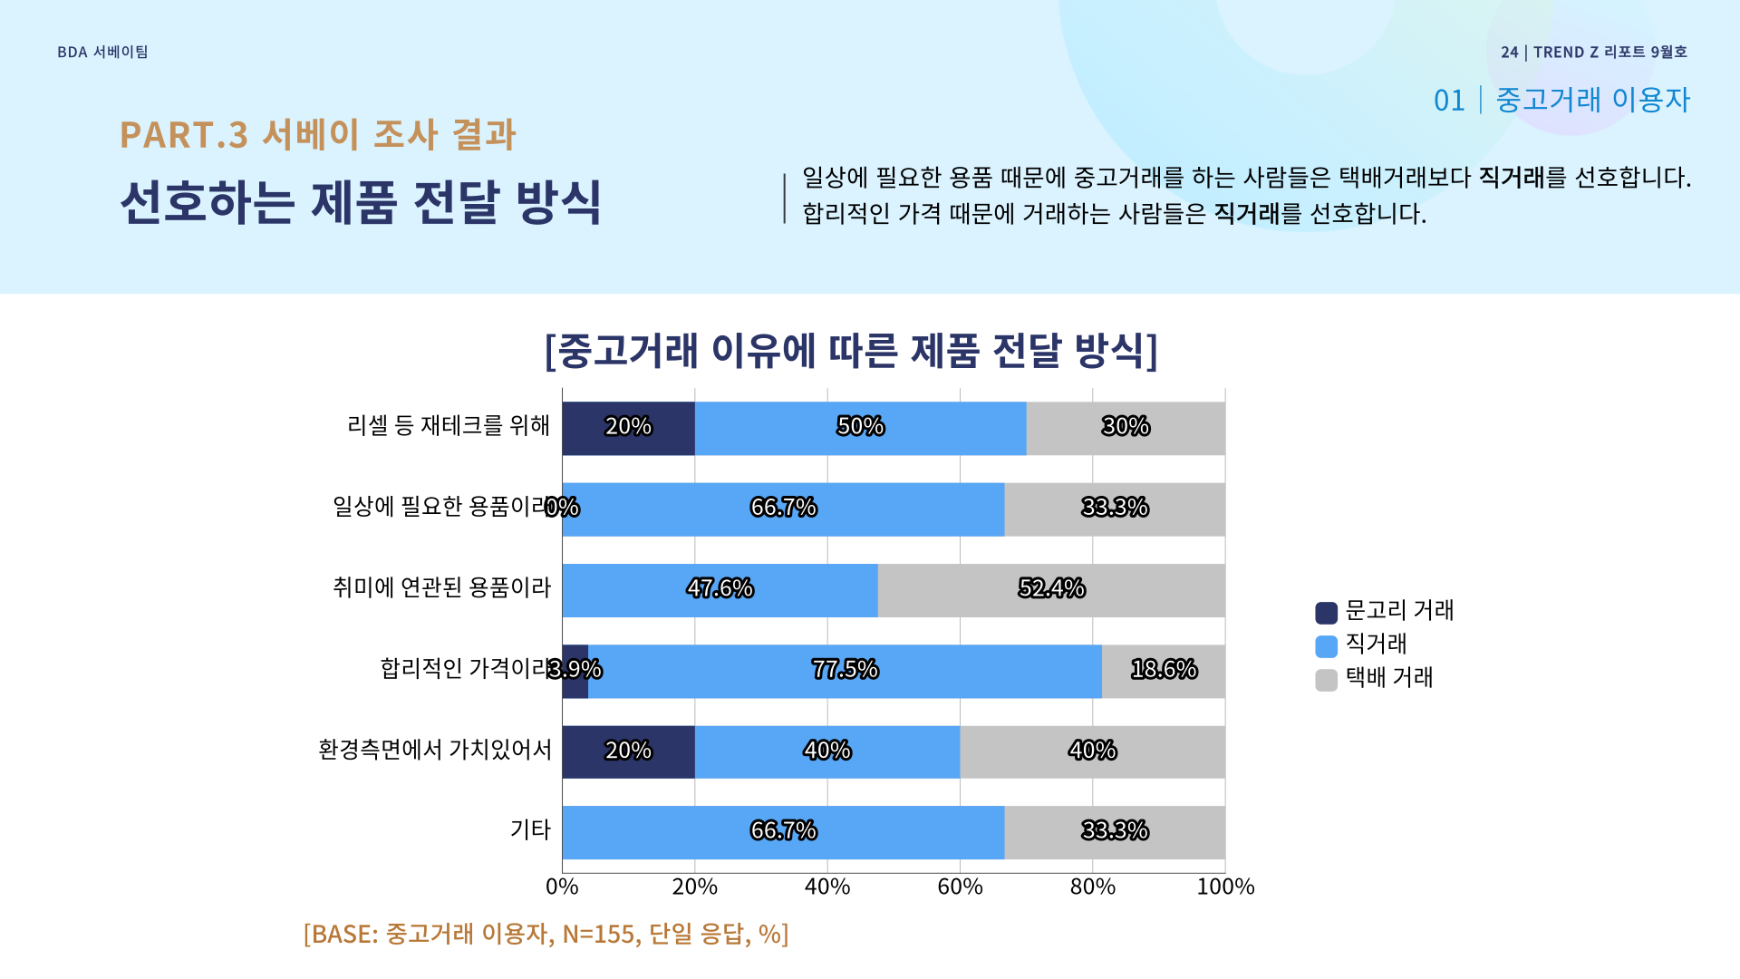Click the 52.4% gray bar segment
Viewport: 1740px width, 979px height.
[x=1051, y=590]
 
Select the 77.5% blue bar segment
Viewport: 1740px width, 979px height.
[x=845, y=671]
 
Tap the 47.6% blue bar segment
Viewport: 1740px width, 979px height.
[x=720, y=590]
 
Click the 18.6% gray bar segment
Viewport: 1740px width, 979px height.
[x=1164, y=671]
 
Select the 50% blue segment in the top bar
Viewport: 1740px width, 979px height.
[x=860, y=428]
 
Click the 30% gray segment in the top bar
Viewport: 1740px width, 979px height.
[x=1126, y=428]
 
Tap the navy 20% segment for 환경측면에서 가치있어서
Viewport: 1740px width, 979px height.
[x=628, y=751]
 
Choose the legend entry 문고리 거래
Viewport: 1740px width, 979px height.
[x=1385, y=612]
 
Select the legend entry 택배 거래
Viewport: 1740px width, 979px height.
[x=1375, y=679]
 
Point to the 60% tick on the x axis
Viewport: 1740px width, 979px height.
[x=960, y=887]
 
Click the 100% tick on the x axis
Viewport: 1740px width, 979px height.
[x=1225, y=887]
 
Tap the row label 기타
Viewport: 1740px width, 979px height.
[x=530, y=830]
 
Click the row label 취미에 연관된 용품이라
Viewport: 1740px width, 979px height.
[x=441, y=588]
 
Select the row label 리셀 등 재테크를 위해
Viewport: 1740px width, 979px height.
[x=449, y=426]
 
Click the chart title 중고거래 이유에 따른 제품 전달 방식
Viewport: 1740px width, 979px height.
[x=851, y=351]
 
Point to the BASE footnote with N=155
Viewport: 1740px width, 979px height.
[x=546, y=934]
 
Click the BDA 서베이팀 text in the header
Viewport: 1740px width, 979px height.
[x=102, y=53]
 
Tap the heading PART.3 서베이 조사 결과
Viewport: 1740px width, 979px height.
[x=317, y=135]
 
